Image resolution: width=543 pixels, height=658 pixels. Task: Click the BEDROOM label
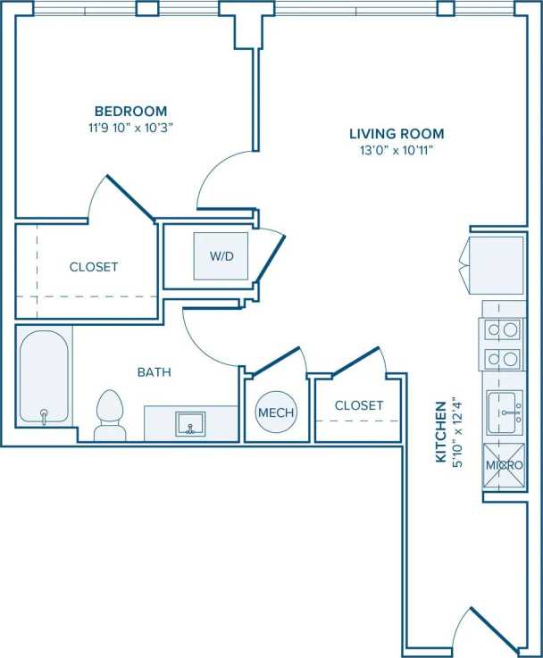(130, 111)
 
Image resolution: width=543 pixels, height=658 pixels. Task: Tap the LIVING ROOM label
(397, 134)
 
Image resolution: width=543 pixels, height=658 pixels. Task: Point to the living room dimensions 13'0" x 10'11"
(397, 151)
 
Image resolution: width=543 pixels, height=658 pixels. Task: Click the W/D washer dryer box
(221, 256)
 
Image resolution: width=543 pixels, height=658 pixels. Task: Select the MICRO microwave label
(504, 466)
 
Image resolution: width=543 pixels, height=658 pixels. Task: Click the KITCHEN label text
(440, 444)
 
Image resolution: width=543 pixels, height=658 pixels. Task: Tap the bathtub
(44, 378)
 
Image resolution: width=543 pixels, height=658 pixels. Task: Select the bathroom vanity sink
(189, 422)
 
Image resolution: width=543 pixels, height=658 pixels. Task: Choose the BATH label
(154, 371)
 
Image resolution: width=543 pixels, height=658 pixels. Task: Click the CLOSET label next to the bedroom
(94, 266)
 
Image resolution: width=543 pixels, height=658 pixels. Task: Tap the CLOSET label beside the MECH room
(359, 405)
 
